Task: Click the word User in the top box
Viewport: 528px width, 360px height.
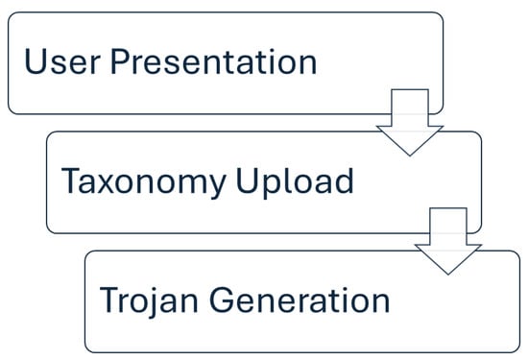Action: pos(62,61)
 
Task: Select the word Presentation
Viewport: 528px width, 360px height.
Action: pos(213,61)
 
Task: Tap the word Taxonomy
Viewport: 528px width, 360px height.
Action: pos(143,182)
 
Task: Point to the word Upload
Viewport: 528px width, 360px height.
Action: pos(295,182)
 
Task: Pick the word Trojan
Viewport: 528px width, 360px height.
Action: pos(149,300)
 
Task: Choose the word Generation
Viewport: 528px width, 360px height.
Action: pos(300,300)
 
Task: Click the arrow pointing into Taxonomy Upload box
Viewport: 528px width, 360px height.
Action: pos(410,122)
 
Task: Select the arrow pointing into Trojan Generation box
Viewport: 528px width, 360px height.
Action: pos(448,241)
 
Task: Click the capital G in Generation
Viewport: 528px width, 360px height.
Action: pos(221,300)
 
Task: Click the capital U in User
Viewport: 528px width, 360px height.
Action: pos(35,61)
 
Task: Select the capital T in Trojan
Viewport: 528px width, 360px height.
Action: pos(110,300)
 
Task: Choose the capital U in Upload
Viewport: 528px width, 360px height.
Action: pos(247,180)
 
